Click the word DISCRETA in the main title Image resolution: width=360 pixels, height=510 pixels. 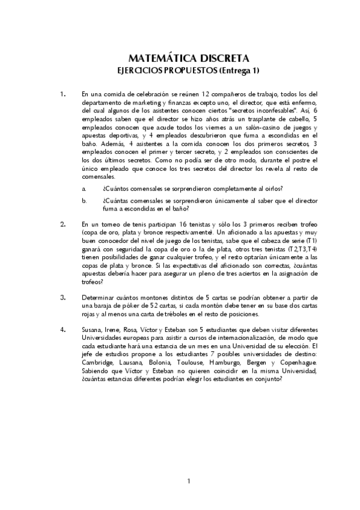220,58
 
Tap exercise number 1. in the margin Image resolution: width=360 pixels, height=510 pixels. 63,94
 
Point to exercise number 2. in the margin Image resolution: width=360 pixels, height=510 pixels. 63,224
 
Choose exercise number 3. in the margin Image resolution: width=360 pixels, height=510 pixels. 63,297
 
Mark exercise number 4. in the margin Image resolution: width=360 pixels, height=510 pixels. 63,330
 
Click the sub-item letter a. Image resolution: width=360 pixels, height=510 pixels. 84,188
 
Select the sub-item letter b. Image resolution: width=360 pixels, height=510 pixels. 84,200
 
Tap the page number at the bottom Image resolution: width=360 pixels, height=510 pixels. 189,481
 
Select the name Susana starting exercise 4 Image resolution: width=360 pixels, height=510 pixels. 92,330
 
